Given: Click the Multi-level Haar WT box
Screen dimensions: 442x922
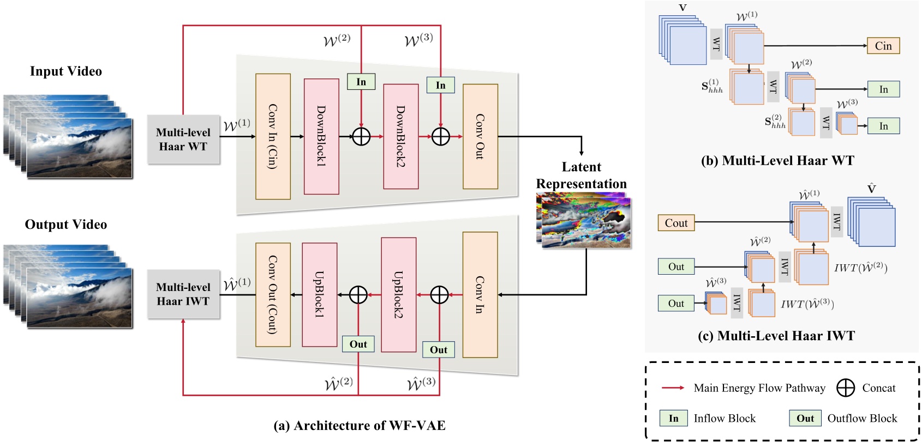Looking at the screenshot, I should (x=183, y=140).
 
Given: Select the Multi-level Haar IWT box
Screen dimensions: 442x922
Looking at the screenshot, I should (x=183, y=294).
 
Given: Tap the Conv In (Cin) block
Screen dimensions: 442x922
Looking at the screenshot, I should (x=273, y=136).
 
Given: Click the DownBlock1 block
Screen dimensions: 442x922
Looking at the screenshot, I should (x=321, y=136).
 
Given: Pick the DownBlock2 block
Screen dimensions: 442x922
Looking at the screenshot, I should (x=401, y=136).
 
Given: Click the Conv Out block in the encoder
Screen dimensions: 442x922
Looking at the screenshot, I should (x=480, y=136).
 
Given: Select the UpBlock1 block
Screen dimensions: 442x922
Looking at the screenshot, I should (x=320, y=295).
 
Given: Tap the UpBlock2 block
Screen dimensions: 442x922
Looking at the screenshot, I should (x=399, y=295).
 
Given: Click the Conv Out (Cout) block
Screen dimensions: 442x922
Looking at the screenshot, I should (x=273, y=295).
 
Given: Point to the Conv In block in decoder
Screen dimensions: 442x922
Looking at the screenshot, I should (x=480, y=295).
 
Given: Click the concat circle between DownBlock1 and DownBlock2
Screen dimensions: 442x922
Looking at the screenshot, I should (x=361, y=136).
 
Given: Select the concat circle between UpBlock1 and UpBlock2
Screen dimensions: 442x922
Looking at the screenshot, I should (x=358, y=295).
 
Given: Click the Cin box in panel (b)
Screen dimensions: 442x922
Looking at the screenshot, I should (x=883, y=46).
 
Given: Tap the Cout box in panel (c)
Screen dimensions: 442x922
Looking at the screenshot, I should (x=676, y=223).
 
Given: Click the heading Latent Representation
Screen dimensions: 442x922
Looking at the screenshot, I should (x=581, y=175).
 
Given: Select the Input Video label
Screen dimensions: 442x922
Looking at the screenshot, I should (x=66, y=71).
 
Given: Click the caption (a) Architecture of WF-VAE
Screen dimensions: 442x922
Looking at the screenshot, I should (x=360, y=426).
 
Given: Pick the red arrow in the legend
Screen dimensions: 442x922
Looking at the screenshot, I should (x=673, y=387).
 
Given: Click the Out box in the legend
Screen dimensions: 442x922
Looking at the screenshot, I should (x=805, y=419).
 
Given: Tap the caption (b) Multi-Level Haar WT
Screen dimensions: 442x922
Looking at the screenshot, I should (x=777, y=161).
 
